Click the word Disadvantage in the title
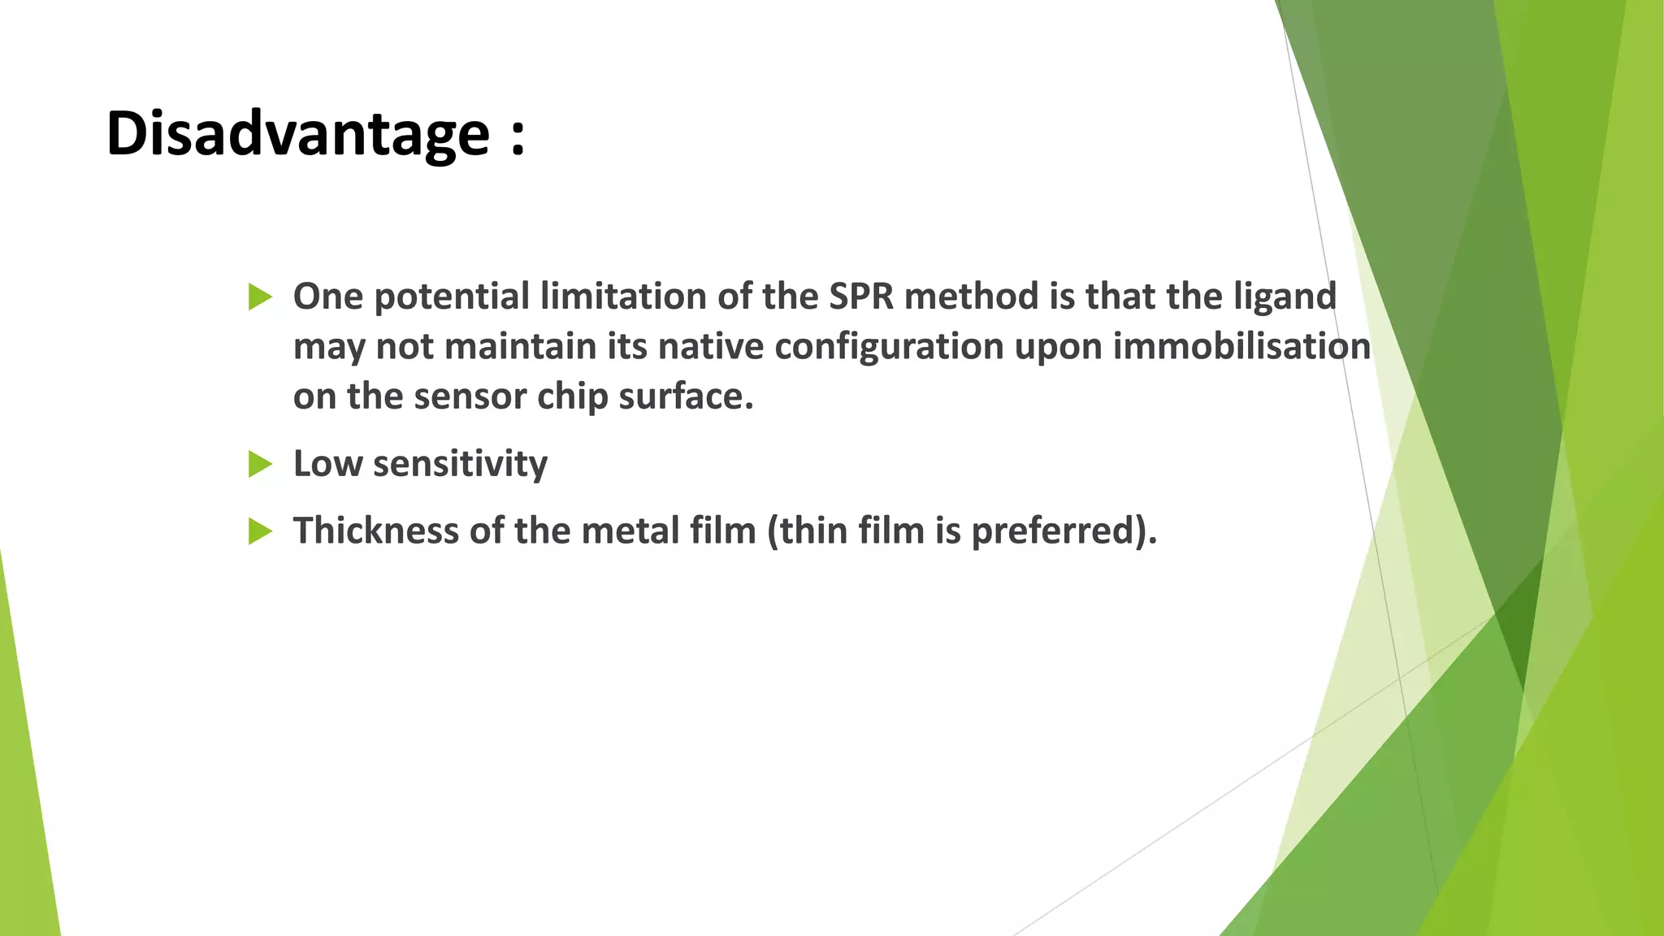[297, 134]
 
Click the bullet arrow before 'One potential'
[260, 297]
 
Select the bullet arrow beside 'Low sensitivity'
[260, 464]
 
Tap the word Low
[327, 464]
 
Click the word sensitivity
[460, 465]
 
